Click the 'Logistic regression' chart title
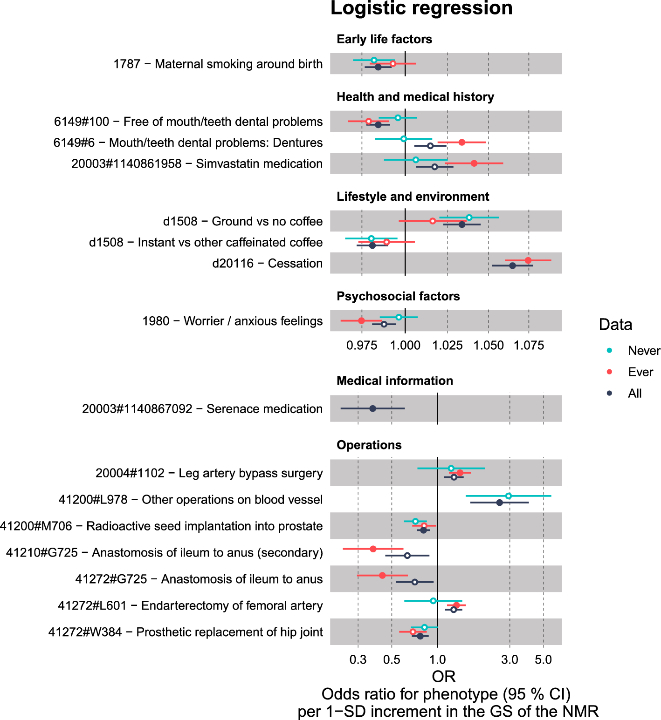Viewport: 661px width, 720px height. (421, 8)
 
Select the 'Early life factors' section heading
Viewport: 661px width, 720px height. (384, 39)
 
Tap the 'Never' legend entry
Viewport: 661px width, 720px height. (644, 351)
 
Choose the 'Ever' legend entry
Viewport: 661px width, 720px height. (640, 372)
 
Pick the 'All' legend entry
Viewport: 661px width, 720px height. (634, 394)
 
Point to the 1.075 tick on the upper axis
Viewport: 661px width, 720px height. (529, 346)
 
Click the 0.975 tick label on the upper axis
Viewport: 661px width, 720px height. (362, 346)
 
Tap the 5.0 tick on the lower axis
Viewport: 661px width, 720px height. (543, 659)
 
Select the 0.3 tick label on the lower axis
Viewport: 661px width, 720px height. (358, 659)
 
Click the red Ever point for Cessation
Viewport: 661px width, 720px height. (528, 260)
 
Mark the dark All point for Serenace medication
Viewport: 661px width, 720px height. (372, 408)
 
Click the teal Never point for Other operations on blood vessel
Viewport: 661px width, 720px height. (509, 496)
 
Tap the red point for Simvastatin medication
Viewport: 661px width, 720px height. (474, 163)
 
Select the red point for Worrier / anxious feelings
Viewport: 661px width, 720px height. (361, 320)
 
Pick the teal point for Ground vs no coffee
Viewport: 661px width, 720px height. (469, 217)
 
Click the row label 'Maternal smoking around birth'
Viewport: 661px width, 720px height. (218, 64)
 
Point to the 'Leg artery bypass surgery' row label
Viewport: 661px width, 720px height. (209, 473)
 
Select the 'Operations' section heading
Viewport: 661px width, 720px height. (369, 445)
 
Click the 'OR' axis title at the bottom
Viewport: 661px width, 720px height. (443, 676)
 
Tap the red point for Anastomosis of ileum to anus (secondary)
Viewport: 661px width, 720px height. (373, 549)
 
